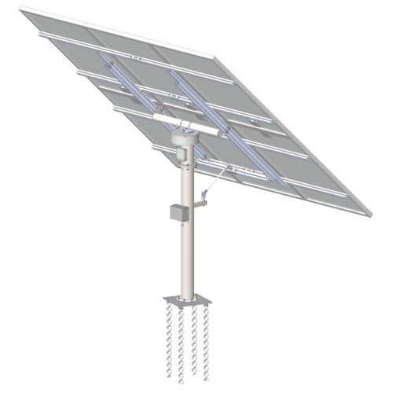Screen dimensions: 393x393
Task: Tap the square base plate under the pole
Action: point(186,300)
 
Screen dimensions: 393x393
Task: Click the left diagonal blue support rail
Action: point(126,83)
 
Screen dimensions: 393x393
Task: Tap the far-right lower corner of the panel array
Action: point(366,214)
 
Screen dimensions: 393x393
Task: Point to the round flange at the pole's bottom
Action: point(186,296)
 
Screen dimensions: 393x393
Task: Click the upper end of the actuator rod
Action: point(228,166)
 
